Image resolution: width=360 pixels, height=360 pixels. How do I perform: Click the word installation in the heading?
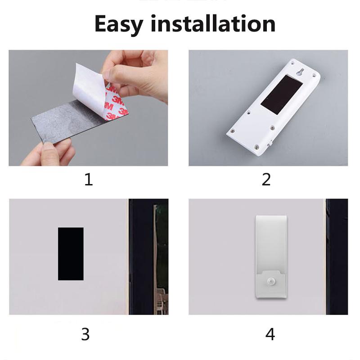213,23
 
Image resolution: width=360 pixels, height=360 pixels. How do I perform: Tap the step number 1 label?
89,180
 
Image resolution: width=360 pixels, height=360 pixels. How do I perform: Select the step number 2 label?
266,180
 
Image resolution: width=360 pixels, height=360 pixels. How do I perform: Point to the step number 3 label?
85,334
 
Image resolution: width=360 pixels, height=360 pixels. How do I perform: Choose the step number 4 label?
270,334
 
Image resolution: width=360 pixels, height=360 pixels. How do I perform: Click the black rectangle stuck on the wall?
71,253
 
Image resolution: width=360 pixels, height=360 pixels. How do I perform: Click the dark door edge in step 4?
337,256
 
